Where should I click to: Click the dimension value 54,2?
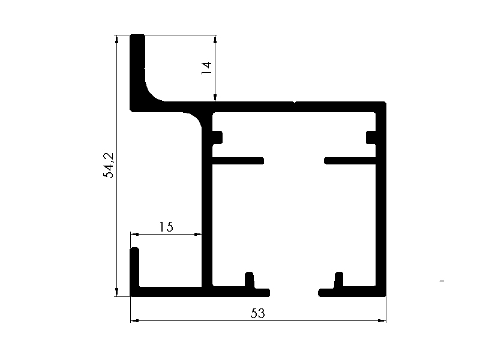click(x=108, y=166)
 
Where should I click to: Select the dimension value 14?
click(x=206, y=68)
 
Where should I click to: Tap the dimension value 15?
click(x=166, y=227)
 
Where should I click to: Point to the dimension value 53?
click(x=258, y=313)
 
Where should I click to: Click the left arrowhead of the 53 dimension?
click(x=134, y=321)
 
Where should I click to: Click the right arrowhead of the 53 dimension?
click(x=382, y=321)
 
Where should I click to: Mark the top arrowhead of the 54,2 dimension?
click(x=116, y=40)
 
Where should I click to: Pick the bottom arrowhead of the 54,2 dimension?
click(x=116, y=292)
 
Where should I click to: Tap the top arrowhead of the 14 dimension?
click(x=215, y=40)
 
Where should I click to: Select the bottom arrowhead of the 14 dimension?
click(x=215, y=97)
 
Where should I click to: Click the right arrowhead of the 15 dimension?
click(x=197, y=235)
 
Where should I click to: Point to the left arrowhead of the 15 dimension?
click(x=134, y=235)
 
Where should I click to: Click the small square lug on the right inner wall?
click(x=371, y=137)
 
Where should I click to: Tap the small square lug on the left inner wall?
click(x=217, y=137)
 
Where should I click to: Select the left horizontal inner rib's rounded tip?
click(x=262, y=161)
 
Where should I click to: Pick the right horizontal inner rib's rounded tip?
click(x=326, y=161)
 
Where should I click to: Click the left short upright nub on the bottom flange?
click(x=250, y=280)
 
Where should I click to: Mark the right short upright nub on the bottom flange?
click(x=338, y=280)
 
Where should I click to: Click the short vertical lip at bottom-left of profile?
click(x=134, y=267)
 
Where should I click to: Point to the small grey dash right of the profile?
click(x=442, y=281)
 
